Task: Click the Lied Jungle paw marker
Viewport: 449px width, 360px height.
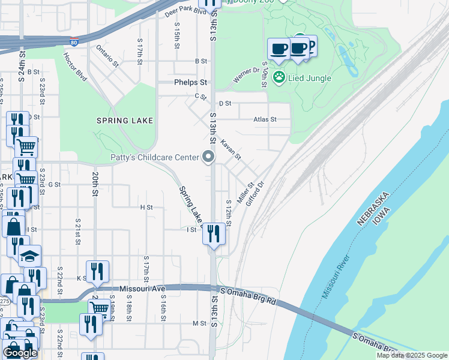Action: [279, 77]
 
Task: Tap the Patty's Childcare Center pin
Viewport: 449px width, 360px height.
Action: [209, 157]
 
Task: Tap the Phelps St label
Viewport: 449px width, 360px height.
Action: [190, 82]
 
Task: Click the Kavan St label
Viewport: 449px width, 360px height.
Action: [231, 150]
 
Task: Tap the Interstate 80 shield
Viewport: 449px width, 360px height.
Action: [73, 42]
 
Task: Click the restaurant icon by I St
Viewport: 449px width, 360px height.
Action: [214, 232]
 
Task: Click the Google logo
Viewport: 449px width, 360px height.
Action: [20, 353]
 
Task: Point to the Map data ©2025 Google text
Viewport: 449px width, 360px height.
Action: [412, 355]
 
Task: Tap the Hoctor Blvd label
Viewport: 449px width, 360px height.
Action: [75, 67]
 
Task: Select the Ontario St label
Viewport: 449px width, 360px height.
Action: [107, 56]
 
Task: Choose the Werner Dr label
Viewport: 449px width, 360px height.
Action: [246, 74]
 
